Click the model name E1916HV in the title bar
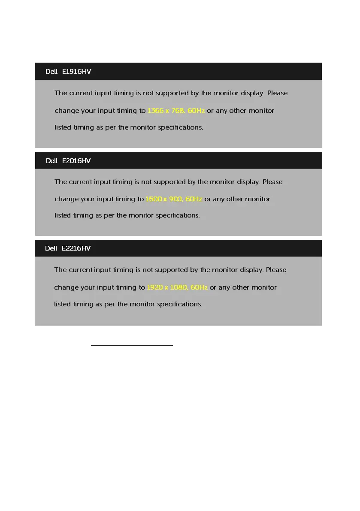(x=76, y=72)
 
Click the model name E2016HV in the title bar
(x=76, y=160)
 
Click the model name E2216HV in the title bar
(x=76, y=248)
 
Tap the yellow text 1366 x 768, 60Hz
(x=176, y=111)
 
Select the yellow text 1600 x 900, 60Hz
(x=174, y=199)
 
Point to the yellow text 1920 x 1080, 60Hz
(x=177, y=287)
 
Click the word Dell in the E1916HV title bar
(x=51, y=72)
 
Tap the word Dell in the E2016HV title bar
(x=51, y=160)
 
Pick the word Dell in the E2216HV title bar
(x=51, y=248)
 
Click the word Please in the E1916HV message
(x=277, y=93)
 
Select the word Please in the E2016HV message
(x=272, y=182)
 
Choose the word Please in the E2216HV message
(x=276, y=270)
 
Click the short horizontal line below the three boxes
(x=132, y=345)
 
